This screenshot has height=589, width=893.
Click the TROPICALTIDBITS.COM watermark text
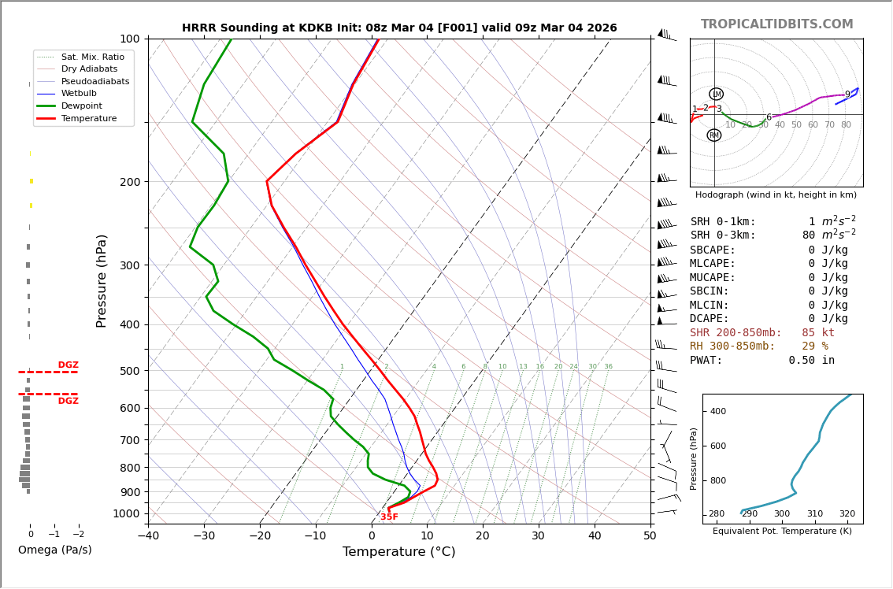[776, 24]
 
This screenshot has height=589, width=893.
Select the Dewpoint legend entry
[82, 106]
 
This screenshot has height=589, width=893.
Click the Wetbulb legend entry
[79, 94]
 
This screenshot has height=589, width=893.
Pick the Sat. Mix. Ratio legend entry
[92, 57]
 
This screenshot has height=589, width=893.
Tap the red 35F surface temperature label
[389, 517]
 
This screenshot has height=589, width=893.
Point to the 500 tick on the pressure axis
[130, 371]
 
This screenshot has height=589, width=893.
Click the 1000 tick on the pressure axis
[127, 513]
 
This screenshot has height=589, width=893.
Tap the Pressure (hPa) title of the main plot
[102, 280]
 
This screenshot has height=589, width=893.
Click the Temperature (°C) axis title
[398, 552]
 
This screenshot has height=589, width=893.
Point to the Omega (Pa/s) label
[54, 550]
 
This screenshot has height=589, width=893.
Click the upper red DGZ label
[68, 365]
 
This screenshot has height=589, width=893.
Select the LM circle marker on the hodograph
[716, 94]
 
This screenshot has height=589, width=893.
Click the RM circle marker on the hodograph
[713, 135]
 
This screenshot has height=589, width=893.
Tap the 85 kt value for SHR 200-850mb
[818, 333]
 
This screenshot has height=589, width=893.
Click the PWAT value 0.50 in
[811, 361]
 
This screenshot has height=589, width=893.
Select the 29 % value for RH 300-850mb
[814, 346]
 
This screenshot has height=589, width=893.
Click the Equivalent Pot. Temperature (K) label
[782, 532]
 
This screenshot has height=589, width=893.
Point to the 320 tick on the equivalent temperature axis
[847, 514]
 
